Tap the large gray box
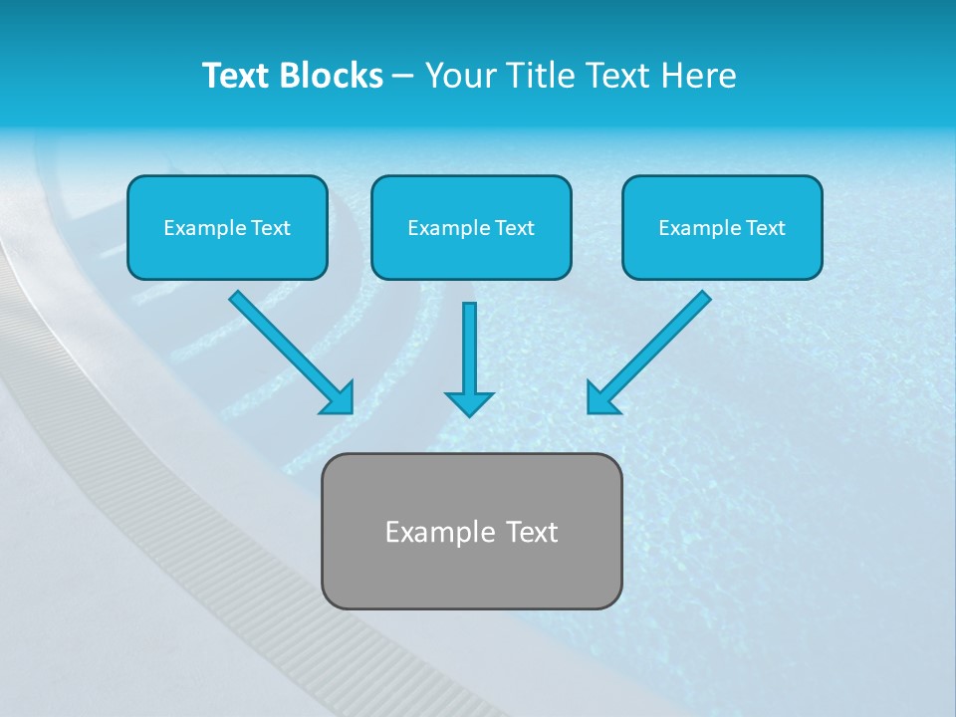click(x=471, y=578)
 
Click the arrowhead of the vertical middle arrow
click(x=469, y=403)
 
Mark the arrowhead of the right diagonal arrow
click(x=601, y=398)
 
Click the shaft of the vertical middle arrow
click(x=469, y=344)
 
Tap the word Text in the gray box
click(x=532, y=532)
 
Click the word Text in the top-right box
click(x=766, y=228)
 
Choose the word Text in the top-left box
click(x=271, y=228)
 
